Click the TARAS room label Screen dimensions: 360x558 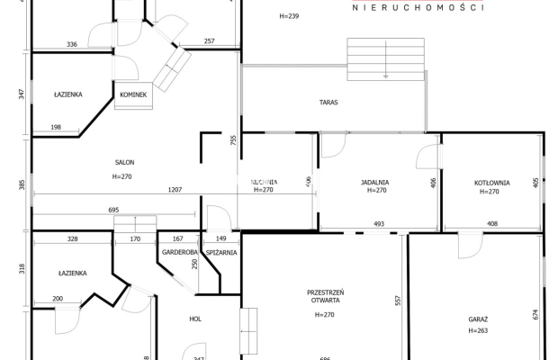pyautogui.click(x=328, y=103)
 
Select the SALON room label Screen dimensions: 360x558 pyautogui.click(x=124, y=163)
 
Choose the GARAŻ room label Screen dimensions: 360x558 pyautogui.click(x=478, y=319)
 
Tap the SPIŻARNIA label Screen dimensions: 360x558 pyautogui.click(x=220, y=253)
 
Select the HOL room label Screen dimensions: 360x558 pyautogui.click(x=194, y=319)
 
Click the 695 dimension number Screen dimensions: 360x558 pyautogui.click(x=113, y=210)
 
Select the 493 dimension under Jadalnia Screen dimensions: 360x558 pyautogui.click(x=379, y=224)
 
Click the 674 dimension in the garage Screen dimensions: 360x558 pyautogui.click(x=535, y=314)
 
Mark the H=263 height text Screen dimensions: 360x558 pyautogui.click(x=478, y=331)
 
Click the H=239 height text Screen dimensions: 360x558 pyautogui.click(x=289, y=17)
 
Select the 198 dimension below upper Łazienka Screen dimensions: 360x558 pyautogui.click(x=56, y=128)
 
